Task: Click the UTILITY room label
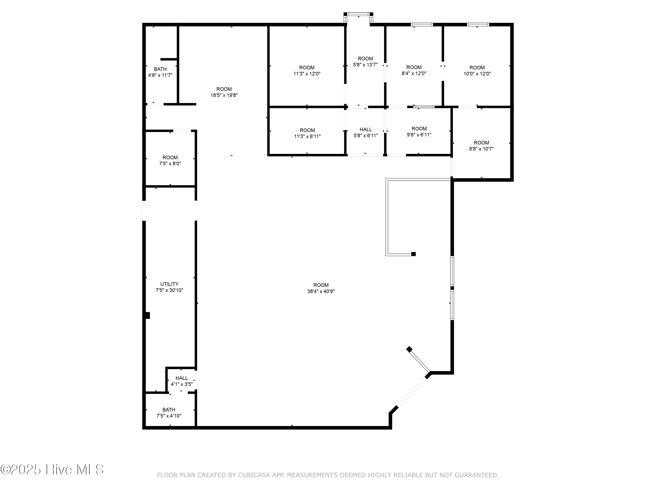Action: point(169,284)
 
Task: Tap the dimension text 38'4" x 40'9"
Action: point(321,291)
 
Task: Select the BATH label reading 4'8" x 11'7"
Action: point(160,72)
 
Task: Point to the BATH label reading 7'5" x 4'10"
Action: point(169,413)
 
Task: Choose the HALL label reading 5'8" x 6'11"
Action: point(366,132)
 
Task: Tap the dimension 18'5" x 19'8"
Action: point(224,95)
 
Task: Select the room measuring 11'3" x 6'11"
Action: point(307,133)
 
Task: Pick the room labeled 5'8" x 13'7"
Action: point(365,61)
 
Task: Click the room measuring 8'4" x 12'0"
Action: point(414,70)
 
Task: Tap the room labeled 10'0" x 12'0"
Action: point(477,71)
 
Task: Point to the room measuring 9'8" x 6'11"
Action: point(419,131)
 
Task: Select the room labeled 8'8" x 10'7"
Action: point(481,146)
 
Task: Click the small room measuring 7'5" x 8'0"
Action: point(170,161)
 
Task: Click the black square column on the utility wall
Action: point(147,315)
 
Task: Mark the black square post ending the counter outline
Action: point(413,254)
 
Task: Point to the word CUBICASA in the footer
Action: point(254,475)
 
